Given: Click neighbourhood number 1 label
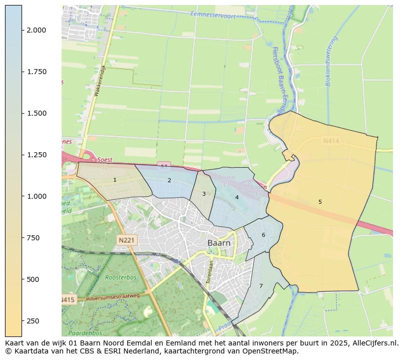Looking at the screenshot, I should tap(115, 180).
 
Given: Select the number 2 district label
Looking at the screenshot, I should tap(169, 180).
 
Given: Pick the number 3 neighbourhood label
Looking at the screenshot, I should tap(204, 194).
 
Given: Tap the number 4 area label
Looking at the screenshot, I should tap(237, 197).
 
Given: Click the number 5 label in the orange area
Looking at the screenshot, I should tap(320, 202).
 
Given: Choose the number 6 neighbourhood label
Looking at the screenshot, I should tap(263, 235).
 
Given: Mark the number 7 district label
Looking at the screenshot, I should tap(261, 286).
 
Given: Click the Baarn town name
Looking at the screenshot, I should tap(219, 243).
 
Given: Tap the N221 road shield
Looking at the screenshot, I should tap(127, 240).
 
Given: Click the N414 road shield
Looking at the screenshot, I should tap(331, 141).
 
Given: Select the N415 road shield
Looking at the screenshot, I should tap(68, 300).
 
